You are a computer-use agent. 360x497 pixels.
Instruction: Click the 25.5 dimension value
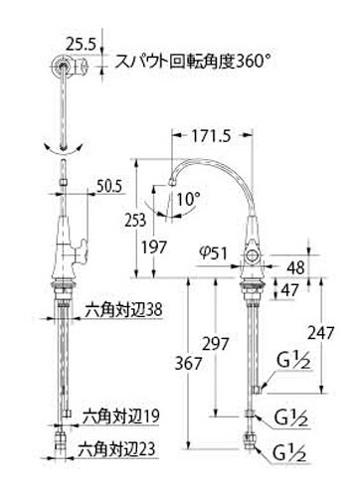click(x=81, y=44)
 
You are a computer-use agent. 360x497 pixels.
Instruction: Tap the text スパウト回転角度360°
click(x=193, y=62)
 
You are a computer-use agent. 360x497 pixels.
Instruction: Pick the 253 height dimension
click(x=135, y=220)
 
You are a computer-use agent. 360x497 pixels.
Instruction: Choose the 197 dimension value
click(x=153, y=247)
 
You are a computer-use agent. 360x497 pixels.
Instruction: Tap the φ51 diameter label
click(x=213, y=253)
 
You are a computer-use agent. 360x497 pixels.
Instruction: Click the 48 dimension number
click(x=295, y=267)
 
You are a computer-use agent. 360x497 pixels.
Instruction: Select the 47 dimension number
click(x=289, y=290)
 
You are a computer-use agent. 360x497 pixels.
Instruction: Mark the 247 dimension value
click(x=320, y=333)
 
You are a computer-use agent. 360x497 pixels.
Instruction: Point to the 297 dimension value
click(x=216, y=344)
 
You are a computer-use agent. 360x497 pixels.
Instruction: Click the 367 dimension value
click(x=188, y=364)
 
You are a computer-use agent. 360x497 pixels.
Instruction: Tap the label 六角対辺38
click(x=124, y=310)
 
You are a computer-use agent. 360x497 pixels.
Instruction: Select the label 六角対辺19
click(x=121, y=416)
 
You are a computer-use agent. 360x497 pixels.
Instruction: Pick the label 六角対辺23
click(x=116, y=450)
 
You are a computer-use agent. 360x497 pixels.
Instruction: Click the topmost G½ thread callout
click(x=293, y=361)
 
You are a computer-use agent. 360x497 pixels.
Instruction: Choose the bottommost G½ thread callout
click(x=289, y=454)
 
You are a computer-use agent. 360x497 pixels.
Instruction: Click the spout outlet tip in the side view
click(x=172, y=182)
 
